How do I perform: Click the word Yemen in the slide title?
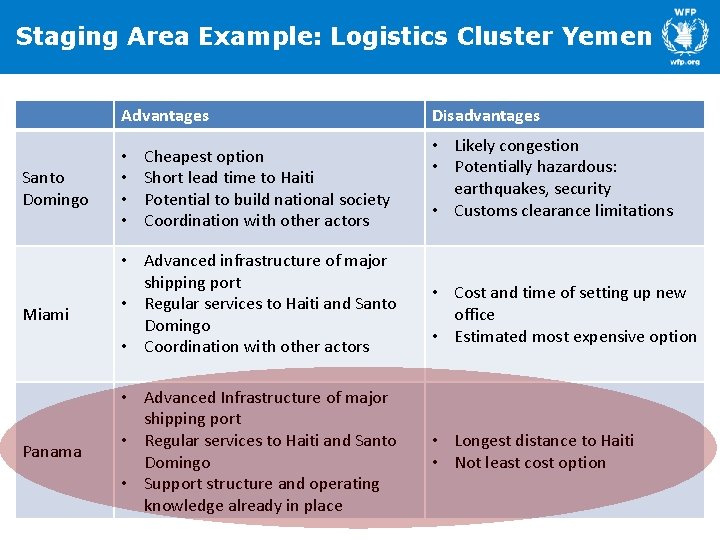coord(607,37)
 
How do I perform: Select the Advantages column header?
coord(165,116)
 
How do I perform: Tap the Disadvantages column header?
coord(485,116)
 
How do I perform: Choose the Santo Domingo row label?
coord(55,188)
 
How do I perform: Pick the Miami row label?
coord(46,315)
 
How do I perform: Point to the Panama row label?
coord(52,452)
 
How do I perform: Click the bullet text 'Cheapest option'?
coord(204,157)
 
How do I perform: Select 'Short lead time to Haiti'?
coord(229,178)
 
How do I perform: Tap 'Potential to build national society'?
coord(267,199)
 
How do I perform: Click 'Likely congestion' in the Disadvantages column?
coord(516,146)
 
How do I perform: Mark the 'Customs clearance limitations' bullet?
coord(563,211)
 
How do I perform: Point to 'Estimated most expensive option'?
coord(575,337)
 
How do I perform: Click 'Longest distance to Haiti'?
coord(544,441)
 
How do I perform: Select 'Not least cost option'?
coord(530,463)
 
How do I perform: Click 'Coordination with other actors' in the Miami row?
coord(257,347)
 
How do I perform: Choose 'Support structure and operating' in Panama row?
coord(262,484)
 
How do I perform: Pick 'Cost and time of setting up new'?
coord(570,293)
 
